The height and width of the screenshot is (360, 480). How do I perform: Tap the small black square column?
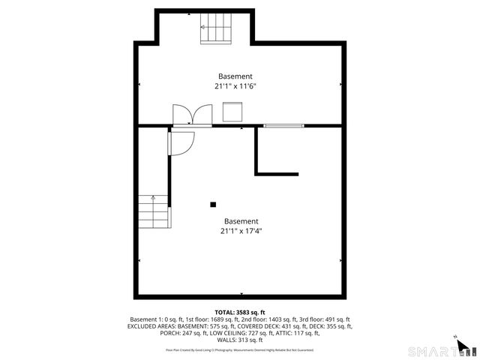point(213,204)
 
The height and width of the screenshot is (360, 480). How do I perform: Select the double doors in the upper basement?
point(192,115)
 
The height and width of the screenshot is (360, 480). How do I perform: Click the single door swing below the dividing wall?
point(182,140)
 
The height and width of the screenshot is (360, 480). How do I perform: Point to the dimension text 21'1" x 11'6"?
point(235,86)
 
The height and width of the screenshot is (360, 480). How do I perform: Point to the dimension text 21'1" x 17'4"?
point(241,231)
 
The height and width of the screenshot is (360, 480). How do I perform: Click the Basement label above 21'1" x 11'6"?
point(235,76)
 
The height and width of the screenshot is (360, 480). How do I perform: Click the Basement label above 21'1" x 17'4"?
point(241,221)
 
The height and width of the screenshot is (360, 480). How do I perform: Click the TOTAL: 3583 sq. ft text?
point(239,312)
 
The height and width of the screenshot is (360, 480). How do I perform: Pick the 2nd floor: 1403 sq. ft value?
point(273,319)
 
